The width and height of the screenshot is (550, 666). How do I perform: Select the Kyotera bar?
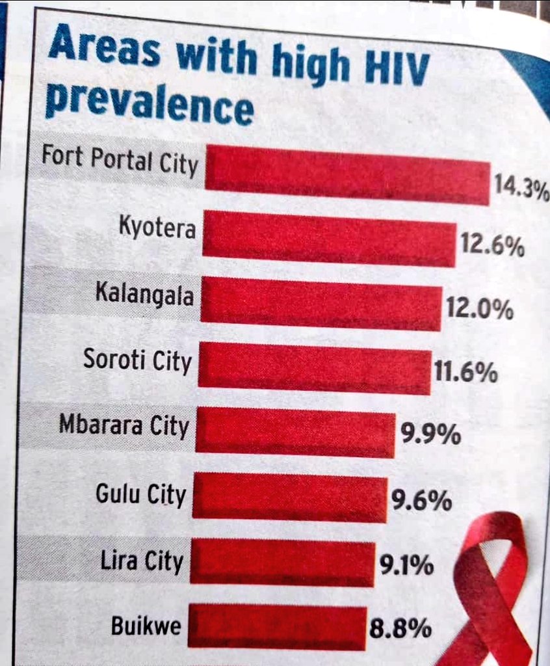[329, 238]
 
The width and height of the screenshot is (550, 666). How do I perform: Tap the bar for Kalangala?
[321, 303]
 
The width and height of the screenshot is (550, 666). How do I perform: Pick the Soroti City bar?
[314, 367]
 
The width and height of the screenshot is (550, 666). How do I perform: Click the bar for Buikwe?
[278, 626]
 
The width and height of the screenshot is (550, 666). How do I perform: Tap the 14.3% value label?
[520, 190]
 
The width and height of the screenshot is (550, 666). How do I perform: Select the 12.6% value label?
[492, 246]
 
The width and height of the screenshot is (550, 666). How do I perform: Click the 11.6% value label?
[466, 373]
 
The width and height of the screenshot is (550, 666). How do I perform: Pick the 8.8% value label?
[400, 629]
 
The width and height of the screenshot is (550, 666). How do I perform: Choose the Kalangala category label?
[144, 296]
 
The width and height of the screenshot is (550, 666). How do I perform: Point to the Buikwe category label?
[146, 626]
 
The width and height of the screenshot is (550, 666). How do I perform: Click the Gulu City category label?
[140, 495]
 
